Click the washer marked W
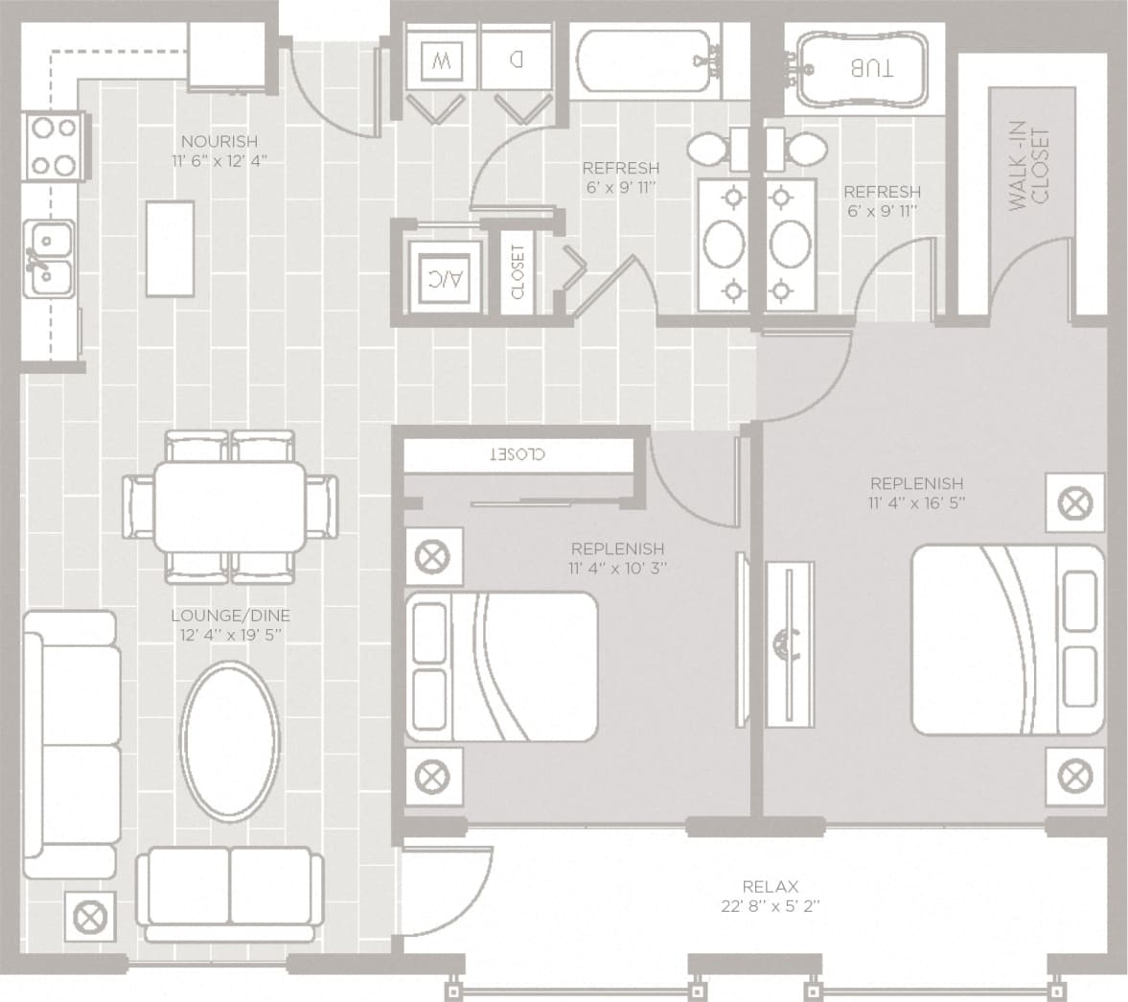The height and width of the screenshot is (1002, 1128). tap(441, 62)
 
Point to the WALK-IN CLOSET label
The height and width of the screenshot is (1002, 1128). tap(1029, 169)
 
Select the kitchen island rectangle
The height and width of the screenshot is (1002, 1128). tap(171, 248)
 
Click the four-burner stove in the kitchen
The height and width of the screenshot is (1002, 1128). tap(54, 146)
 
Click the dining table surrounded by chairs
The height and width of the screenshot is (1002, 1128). tap(230, 505)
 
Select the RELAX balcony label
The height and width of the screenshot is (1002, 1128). tap(770, 887)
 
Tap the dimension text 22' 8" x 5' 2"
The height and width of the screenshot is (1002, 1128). tap(770, 905)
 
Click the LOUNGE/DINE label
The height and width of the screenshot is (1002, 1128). tap(230, 616)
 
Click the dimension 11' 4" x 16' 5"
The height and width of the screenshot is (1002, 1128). tap(915, 501)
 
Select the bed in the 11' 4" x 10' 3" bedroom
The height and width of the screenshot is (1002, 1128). tap(501, 666)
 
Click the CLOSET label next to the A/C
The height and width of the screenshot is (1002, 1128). tap(518, 271)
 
